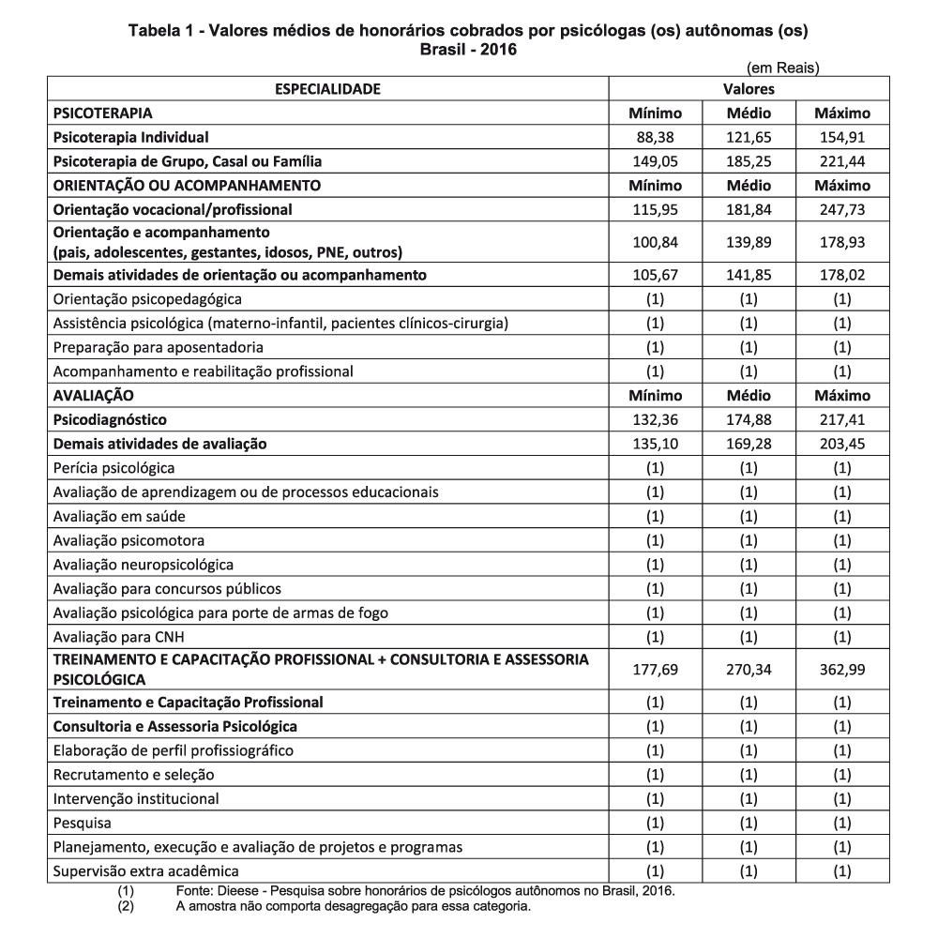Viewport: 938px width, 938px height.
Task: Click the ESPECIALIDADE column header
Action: [327, 89]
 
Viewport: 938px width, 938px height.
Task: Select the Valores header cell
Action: [749, 89]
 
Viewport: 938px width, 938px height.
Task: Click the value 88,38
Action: [656, 137]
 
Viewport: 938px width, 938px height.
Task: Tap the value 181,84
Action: [749, 209]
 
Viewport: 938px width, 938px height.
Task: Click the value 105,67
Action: [656, 276]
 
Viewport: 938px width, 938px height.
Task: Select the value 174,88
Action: [749, 419]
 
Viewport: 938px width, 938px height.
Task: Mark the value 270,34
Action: [749, 670]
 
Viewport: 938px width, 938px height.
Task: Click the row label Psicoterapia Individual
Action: [137, 137]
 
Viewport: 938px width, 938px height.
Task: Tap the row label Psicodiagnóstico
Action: [110, 419]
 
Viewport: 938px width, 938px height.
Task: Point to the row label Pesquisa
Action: [83, 823]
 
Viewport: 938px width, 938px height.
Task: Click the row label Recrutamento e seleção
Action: [134, 775]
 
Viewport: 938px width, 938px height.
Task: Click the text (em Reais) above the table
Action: [783, 68]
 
